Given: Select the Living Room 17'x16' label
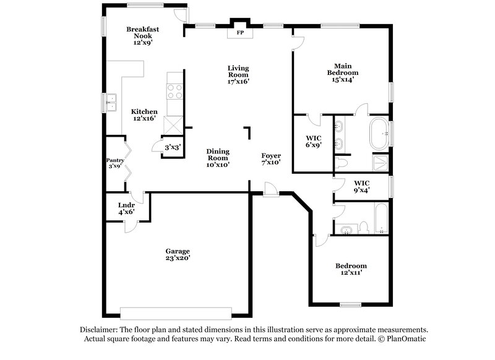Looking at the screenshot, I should (238, 74).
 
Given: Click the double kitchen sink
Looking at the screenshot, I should (112, 102).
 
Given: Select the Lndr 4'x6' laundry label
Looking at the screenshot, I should (126, 208).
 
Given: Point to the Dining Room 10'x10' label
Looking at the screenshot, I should (218, 158).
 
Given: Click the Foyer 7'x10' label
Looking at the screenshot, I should (270, 160).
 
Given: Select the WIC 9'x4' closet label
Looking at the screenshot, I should (361, 186).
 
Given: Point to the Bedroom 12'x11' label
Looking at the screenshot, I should (351, 269).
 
